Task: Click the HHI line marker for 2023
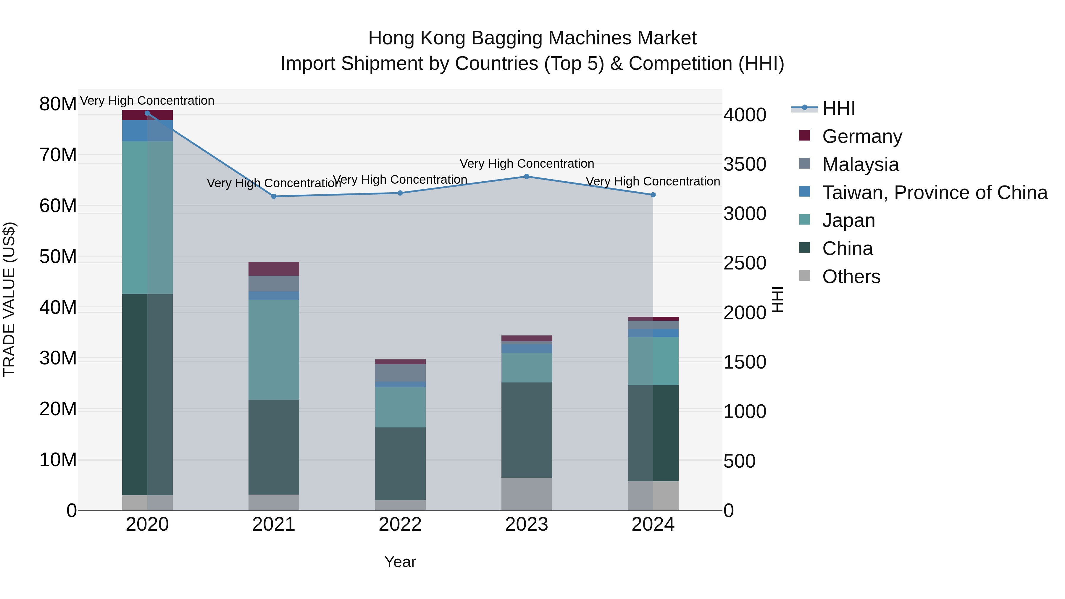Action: (x=526, y=177)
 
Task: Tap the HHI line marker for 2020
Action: (x=147, y=113)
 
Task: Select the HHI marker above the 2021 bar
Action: (x=274, y=196)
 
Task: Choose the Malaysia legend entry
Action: (x=860, y=164)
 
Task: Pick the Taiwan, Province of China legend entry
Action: (x=934, y=192)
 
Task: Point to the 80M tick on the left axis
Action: (x=58, y=104)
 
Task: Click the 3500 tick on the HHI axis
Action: (x=745, y=164)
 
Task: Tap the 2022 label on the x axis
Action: (x=400, y=524)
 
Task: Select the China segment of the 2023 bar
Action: (x=526, y=430)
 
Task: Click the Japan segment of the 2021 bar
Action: (x=274, y=349)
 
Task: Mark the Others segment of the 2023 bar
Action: (x=526, y=494)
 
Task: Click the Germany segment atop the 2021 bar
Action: (x=274, y=269)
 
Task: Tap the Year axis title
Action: (x=400, y=562)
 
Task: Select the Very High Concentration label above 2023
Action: (x=526, y=164)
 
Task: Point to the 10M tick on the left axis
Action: (x=58, y=460)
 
